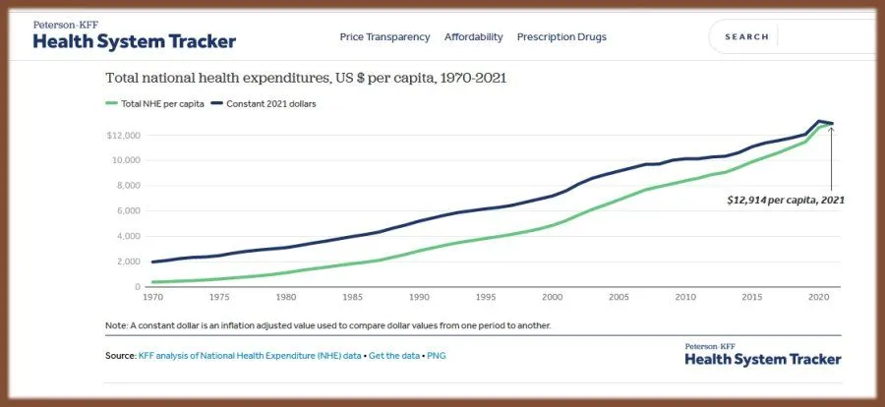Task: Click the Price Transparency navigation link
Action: click(384, 37)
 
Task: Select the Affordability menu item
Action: click(473, 37)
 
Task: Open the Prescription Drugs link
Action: click(561, 37)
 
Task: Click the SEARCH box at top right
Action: click(747, 37)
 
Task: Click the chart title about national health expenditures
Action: click(305, 77)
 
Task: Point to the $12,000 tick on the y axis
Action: click(127, 135)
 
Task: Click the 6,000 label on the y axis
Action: click(130, 210)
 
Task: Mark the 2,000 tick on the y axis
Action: click(130, 262)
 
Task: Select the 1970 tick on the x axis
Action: click(152, 297)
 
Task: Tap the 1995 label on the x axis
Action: click(486, 297)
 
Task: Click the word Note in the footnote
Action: click(116, 325)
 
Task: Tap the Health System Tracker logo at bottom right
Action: click(762, 355)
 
